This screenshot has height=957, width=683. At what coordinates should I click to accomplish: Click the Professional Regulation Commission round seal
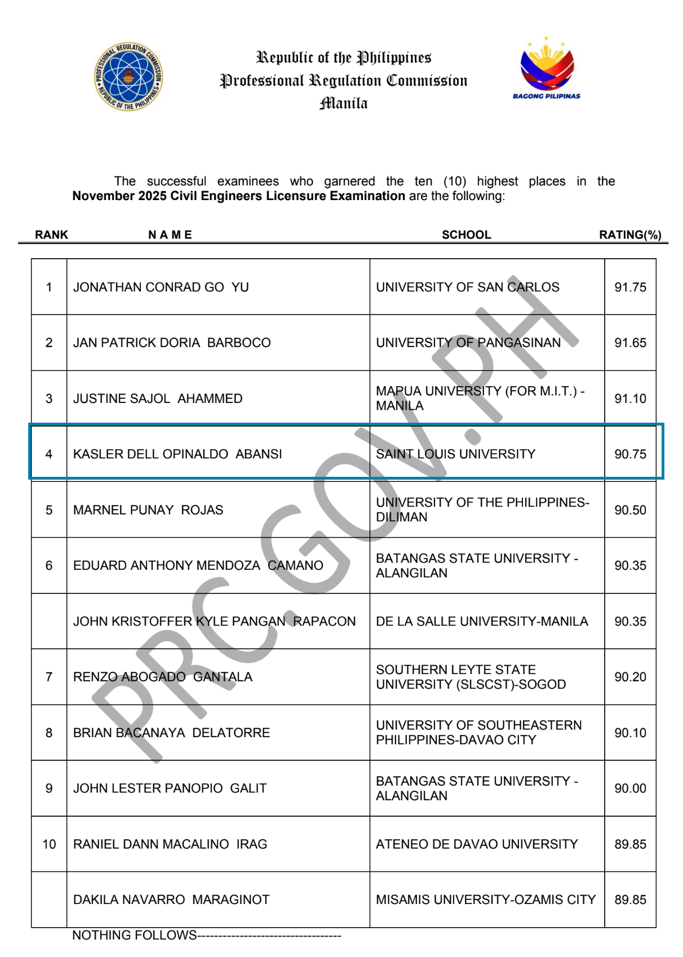tap(128, 77)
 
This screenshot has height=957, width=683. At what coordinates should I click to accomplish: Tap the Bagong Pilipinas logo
tap(547, 69)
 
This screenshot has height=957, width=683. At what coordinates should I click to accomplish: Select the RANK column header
tap(51, 234)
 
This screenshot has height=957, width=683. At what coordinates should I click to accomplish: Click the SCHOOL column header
tap(466, 234)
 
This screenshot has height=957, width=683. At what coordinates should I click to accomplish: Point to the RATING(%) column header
tap(630, 234)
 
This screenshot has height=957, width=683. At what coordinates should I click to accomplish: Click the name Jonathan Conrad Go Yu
tap(161, 287)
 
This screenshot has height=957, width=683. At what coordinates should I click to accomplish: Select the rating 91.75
tap(630, 287)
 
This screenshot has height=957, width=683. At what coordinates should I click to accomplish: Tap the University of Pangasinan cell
tap(468, 343)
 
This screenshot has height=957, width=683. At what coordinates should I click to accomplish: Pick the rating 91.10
tap(630, 398)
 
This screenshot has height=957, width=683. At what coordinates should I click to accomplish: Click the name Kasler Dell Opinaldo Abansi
tap(178, 454)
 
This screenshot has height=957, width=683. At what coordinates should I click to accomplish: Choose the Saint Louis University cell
tap(455, 454)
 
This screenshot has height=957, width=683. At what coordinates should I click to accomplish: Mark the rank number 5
tap(49, 509)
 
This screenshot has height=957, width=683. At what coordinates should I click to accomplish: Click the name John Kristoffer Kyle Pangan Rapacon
tap(214, 621)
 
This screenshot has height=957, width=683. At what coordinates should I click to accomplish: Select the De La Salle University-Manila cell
tap(482, 621)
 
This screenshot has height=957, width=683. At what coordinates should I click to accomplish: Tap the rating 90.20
tap(630, 677)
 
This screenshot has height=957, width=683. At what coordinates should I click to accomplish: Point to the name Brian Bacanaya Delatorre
tap(171, 733)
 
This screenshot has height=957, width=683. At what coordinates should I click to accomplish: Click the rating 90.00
tap(630, 788)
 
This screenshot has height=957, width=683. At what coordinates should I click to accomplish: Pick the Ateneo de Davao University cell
tap(477, 844)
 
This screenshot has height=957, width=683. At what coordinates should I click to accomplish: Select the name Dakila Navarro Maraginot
tap(171, 900)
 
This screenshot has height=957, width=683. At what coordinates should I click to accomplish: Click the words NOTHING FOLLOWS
tap(135, 935)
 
